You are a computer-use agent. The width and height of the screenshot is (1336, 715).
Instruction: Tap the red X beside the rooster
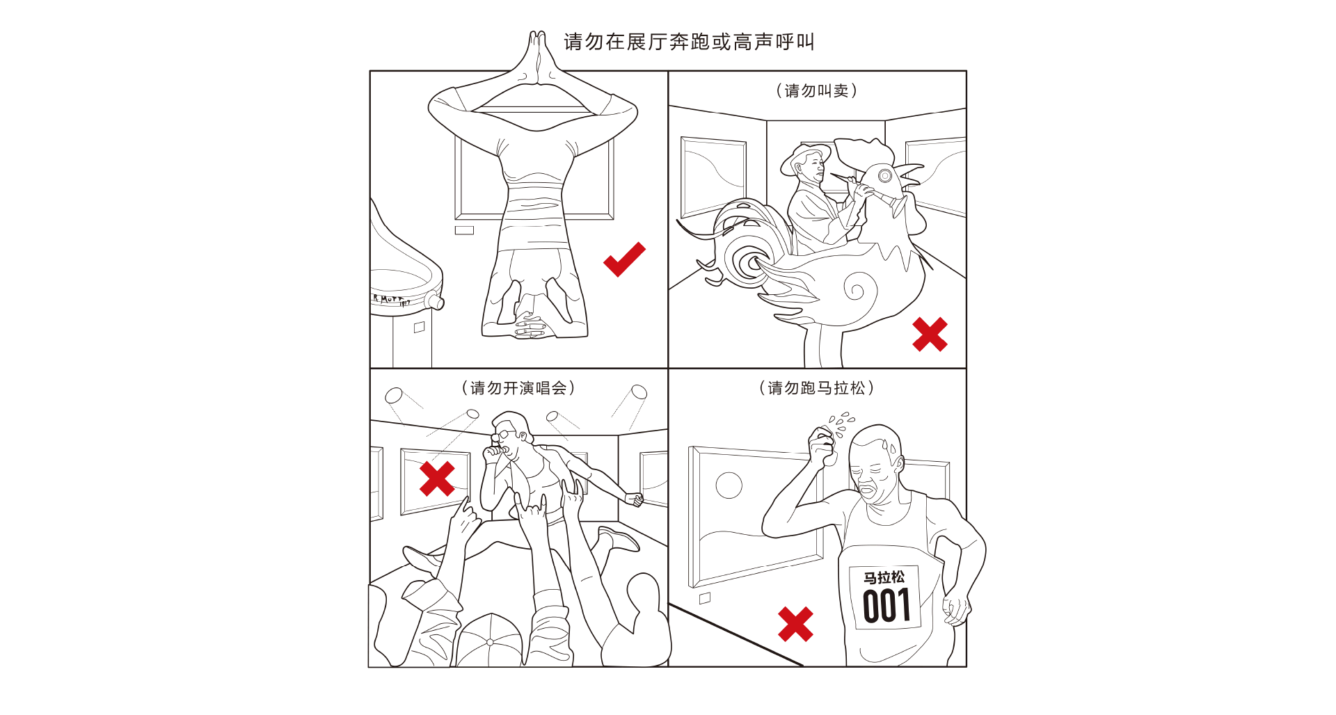click(x=930, y=335)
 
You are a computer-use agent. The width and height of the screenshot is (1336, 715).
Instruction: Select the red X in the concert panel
click(x=437, y=479)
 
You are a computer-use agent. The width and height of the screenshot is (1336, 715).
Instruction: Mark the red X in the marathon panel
click(x=795, y=624)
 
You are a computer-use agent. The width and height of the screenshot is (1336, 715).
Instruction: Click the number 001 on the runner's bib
click(x=886, y=606)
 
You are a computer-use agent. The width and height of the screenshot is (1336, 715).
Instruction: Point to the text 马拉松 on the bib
click(x=884, y=577)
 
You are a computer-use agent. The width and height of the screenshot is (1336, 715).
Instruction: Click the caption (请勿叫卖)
click(x=816, y=90)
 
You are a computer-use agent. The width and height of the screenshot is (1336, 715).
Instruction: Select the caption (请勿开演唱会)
click(x=518, y=387)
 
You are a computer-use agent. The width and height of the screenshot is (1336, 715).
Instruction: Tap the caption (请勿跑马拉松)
click(x=816, y=387)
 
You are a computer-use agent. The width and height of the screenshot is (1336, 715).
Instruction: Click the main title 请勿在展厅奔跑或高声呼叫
click(x=689, y=42)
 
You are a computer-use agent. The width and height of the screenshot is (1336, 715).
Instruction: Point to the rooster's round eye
click(x=884, y=175)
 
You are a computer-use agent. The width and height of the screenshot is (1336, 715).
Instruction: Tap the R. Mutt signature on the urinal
click(x=390, y=300)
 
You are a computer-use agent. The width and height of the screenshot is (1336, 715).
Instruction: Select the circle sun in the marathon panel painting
click(x=729, y=485)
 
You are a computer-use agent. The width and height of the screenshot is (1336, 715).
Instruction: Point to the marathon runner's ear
click(x=900, y=463)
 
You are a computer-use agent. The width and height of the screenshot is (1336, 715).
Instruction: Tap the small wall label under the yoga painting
click(x=464, y=230)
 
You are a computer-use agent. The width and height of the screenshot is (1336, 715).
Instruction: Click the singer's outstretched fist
click(x=634, y=499)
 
